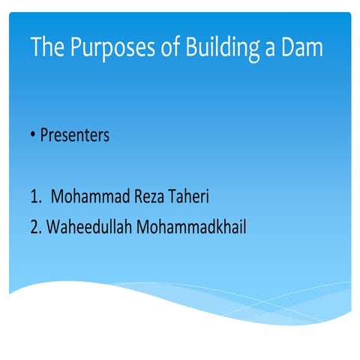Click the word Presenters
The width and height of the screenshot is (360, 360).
pos(74,136)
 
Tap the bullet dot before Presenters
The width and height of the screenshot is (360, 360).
pos(34,136)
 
